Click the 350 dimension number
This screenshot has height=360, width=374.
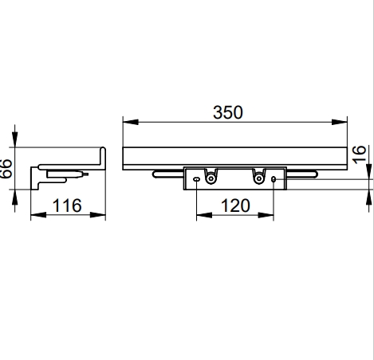pyautogui.click(x=228, y=112)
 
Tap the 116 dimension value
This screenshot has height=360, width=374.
pyautogui.click(x=67, y=205)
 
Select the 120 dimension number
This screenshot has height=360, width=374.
pyautogui.click(x=235, y=205)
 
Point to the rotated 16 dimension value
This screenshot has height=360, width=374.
pyautogui.click(x=359, y=155)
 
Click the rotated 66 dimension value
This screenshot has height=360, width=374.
pyautogui.click(x=6, y=168)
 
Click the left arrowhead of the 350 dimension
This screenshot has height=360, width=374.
pyautogui.click(x=131, y=122)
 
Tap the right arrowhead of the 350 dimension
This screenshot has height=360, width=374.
pyautogui.click(x=340, y=122)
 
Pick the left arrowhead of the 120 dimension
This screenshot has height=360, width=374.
pyautogui.click(x=204, y=215)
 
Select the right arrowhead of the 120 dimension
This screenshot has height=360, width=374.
pyautogui.click(x=266, y=215)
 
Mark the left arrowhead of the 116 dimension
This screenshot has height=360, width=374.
pyautogui.click(x=38, y=215)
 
